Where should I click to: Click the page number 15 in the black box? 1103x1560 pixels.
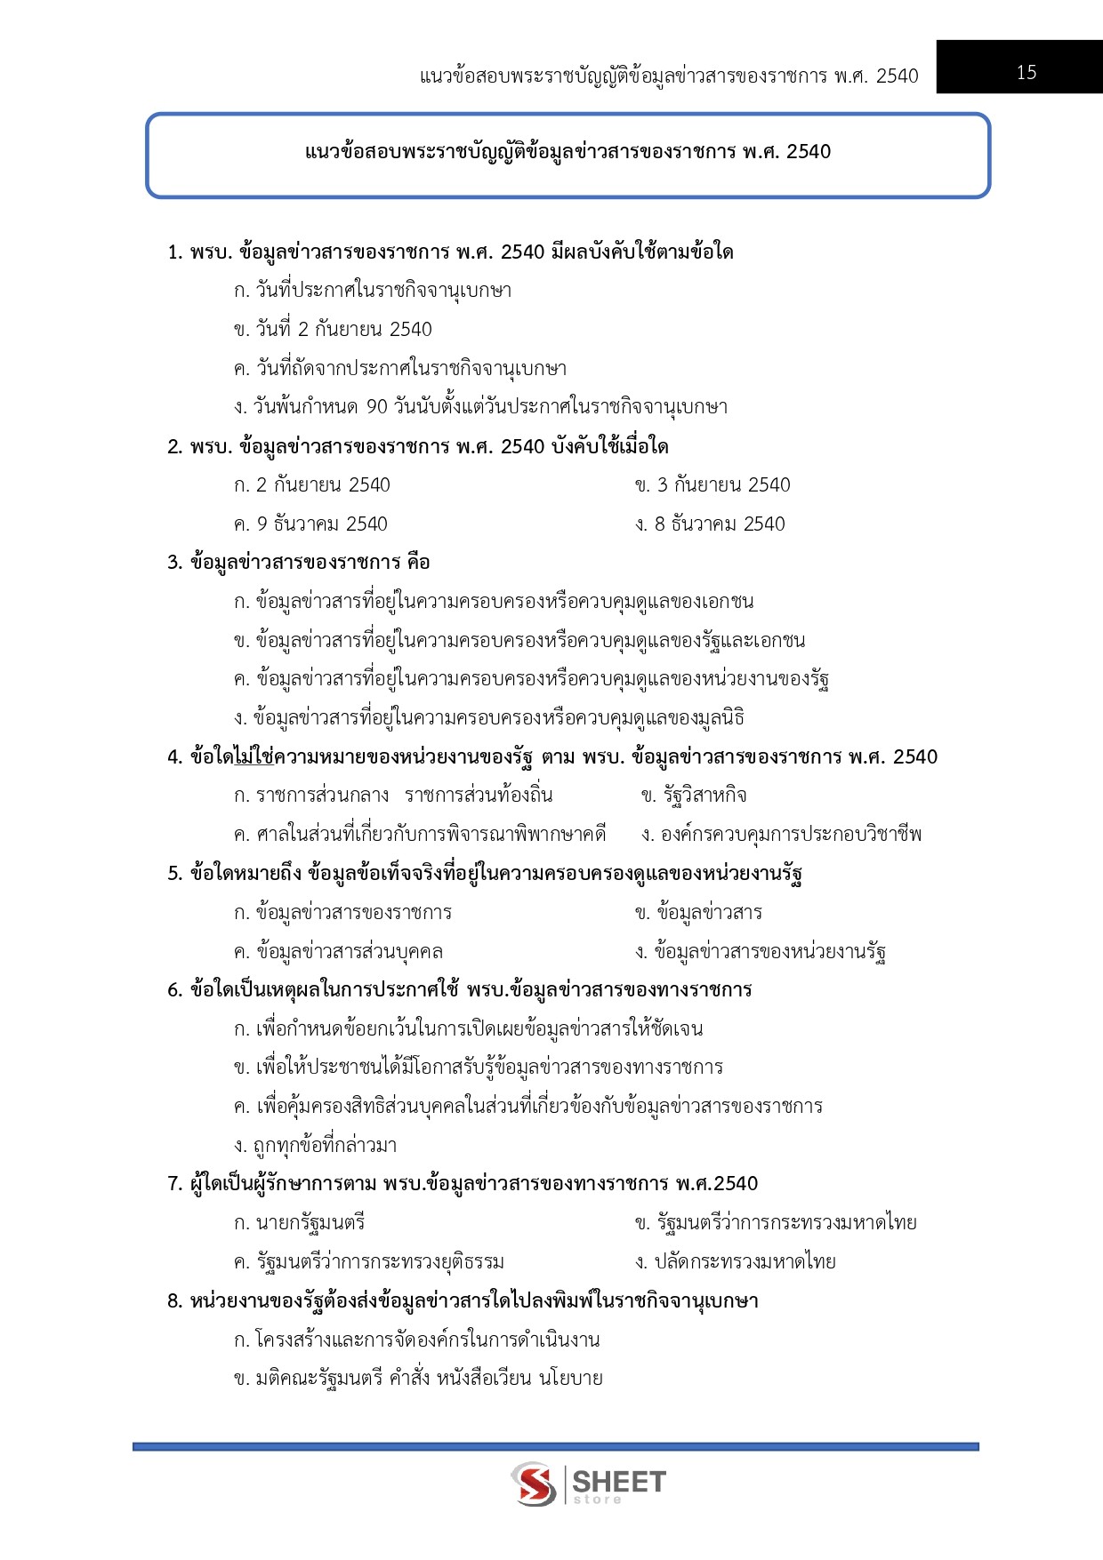pyautogui.click(x=1026, y=73)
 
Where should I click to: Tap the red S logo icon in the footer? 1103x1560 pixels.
pyautogui.click(x=534, y=1484)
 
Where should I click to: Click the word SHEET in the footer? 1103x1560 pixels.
pyautogui.click(x=619, y=1481)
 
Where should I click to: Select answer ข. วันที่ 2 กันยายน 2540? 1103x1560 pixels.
pyautogui.click(x=333, y=330)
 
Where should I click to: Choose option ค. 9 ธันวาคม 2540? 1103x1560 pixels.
pyautogui.click(x=310, y=524)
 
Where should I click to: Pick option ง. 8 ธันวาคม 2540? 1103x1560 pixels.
pyautogui.click(x=710, y=524)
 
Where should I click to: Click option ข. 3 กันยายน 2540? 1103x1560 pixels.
pyautogui.click(x=713, y=485)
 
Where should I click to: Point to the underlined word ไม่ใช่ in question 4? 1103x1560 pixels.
pyautogui.click(x=254, y=757)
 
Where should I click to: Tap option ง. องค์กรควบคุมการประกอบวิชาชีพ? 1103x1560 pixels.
pyautogui.click(x=781, y=835)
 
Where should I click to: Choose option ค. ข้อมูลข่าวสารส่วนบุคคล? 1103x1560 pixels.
pyautogui.click(x=338, y=952)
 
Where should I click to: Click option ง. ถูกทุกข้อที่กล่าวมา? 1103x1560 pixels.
pyautogui.click(x=315, y=1146)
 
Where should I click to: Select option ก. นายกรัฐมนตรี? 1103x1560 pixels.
pyautogui.click(x=300, y=1223)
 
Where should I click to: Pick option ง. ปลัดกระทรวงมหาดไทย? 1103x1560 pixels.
pyautogui.click(x=736, y=1262)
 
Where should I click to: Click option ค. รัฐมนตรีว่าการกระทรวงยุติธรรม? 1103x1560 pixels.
pyautogui.click(x=369, y=1262)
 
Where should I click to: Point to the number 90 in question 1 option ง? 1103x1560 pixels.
pyautogui.click(x=377, y=407)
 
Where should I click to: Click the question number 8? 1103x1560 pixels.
pyautogui.click(x=174, y=1301)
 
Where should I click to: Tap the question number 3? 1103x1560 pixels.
pyautogui.click(x=174, y=563)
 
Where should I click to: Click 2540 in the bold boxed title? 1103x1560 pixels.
pyautogui.click(x=809, y=152)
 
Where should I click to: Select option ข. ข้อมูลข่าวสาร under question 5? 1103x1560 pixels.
pyautogui.click(x=698, y=913)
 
